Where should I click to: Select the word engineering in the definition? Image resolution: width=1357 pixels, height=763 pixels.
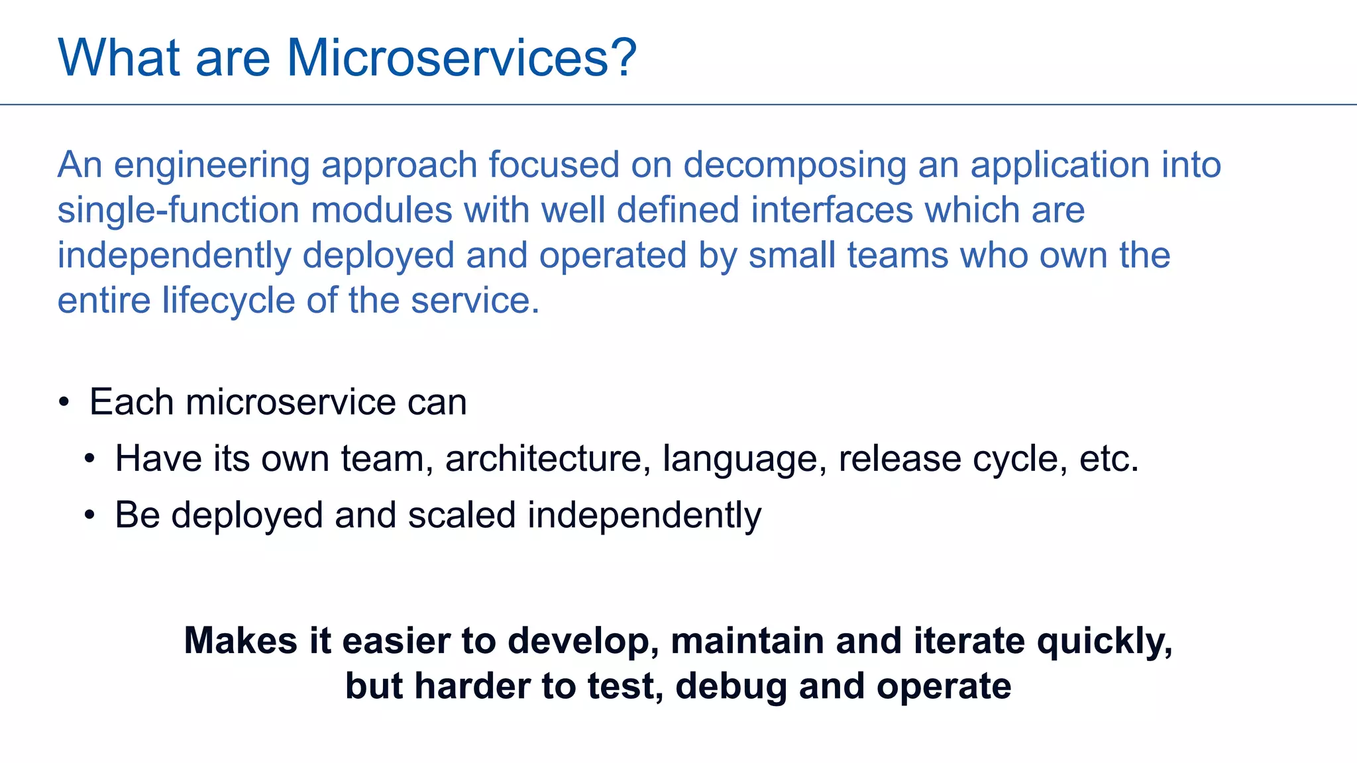coord(212,166)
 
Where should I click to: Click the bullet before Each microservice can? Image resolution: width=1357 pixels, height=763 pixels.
coord(64,402)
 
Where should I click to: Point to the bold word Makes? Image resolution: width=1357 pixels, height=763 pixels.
coord(241,641)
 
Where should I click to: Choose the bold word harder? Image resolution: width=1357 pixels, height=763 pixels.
coord(472,686)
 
